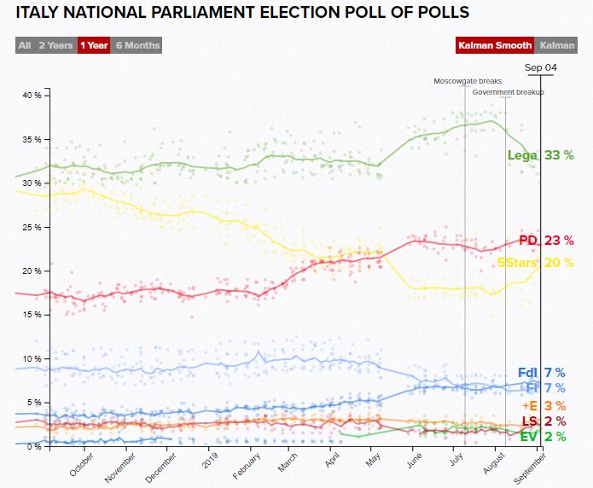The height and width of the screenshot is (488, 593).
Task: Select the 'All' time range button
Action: [x=25, y=45]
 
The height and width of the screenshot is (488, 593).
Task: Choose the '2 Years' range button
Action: [x=55, y=45]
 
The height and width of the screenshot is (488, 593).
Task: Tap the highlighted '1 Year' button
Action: [x=93, y=45]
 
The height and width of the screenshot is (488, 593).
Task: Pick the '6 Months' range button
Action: [x=137, y=45]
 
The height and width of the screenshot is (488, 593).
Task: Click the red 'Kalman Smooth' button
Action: [x=496, y=45]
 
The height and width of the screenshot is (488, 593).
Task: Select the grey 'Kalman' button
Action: [x=557, y=45]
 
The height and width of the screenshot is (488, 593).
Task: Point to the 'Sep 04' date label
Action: [x=541, y=67]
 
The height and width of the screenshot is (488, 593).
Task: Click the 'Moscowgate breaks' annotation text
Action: [x=467, y=81]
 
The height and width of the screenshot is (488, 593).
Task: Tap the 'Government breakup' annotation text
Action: [x=508, y=91]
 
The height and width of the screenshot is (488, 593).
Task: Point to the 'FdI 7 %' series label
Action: [x=541, y=373]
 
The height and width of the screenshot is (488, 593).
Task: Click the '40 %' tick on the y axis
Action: [x=32, y=95]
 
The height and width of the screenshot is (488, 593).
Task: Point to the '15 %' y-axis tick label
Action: [x=32, y=315]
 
